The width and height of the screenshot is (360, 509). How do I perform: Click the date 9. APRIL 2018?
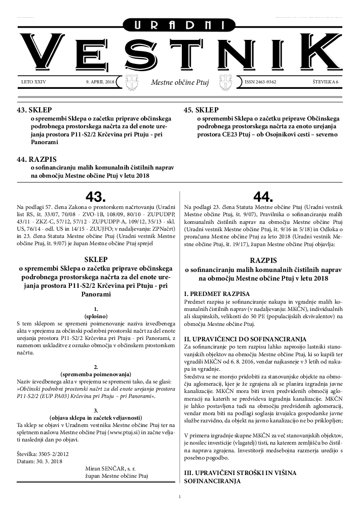tap(100, 82)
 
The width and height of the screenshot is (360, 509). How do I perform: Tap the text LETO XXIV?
tap(34, 82)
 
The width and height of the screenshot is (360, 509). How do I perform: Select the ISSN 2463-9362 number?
tap(260, 82)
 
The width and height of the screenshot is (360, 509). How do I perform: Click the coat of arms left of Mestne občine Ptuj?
tap(131, 82)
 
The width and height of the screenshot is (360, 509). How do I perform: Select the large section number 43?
tap(96, 196)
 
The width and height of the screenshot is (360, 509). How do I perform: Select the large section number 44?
tap(263, 196)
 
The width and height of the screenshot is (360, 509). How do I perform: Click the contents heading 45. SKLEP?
tap(201, 110)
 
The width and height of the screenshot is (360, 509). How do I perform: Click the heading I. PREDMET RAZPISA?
tap(216, 294)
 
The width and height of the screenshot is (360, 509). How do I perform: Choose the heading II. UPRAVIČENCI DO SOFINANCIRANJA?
tap(245, 339)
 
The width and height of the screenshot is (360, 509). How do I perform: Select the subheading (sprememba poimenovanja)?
tap(96, 374)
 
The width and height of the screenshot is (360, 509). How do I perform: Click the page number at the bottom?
tap(180, 497)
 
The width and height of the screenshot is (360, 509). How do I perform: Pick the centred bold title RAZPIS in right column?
tap(263, 261)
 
